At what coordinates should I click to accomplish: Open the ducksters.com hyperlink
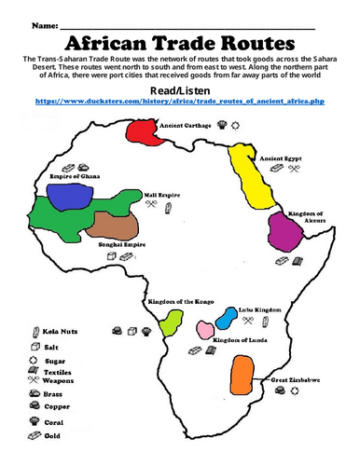(179, 99)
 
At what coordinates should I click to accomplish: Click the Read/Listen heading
(179, 87)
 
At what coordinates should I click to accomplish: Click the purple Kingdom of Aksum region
(283, 229)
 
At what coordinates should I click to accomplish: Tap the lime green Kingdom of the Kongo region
(171, 323)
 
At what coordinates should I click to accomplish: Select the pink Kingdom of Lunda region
(203, 329)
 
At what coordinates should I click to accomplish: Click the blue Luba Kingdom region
(226, 318)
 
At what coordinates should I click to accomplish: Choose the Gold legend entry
(53, 435)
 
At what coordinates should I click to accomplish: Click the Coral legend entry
(53, 421)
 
